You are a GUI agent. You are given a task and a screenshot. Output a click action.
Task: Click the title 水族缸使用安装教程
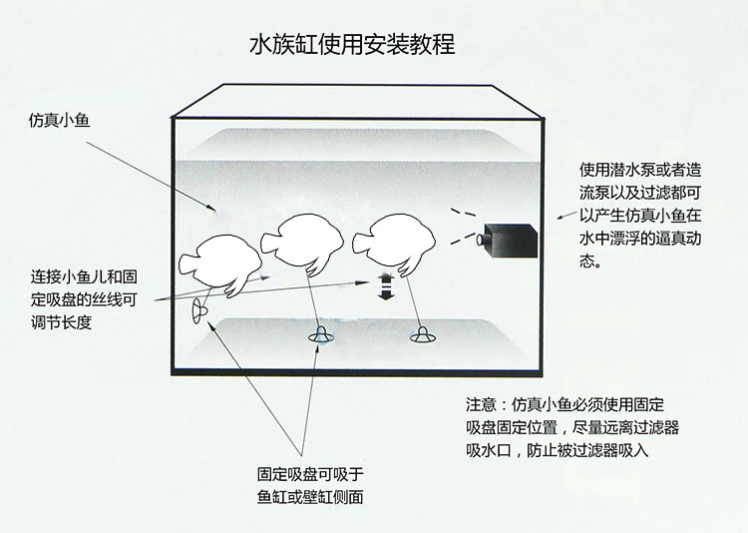(x=352, y=44)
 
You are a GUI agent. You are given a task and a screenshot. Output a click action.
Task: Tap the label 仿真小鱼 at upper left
(x=59, y=120)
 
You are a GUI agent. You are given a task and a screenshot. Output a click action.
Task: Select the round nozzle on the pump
(x=480, y=240)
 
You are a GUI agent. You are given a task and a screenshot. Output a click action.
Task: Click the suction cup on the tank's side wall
(x=198, y=311)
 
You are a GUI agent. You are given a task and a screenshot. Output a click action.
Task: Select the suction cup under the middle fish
(x=320, y=334)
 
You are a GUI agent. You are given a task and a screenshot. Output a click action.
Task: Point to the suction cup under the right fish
(x=423, y=335)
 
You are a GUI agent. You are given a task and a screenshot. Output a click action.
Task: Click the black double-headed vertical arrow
(x=385, y=286)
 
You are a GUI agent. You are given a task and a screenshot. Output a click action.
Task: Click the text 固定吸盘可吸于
(x=310, y=474)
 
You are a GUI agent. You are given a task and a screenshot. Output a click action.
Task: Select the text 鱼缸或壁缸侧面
(x=310, y=497)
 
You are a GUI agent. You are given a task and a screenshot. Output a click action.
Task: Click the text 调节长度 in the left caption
(x=61, y=322)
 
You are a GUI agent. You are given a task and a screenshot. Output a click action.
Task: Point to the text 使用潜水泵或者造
(x=640, y=169)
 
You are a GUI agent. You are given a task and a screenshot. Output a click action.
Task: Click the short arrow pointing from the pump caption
(x=566, y=215)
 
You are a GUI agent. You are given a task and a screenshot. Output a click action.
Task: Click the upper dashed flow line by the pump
(x=463, y=212)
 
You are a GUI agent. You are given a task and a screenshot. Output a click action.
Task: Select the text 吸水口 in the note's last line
(x=489, y=450)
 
